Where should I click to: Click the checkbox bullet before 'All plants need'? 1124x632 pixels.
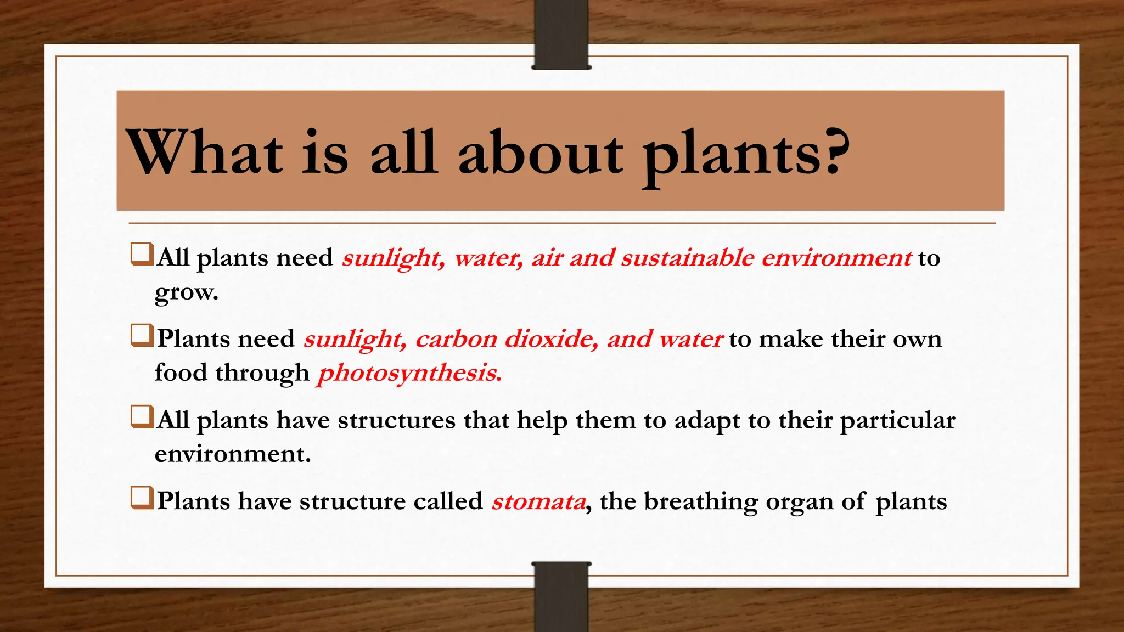coord(141,255)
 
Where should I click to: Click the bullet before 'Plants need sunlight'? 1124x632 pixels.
coord(141,336)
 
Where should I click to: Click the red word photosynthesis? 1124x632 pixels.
coord(409,373)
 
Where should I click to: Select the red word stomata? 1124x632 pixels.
coord(538,501)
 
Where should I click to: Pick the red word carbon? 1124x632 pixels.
coord(456,339)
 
